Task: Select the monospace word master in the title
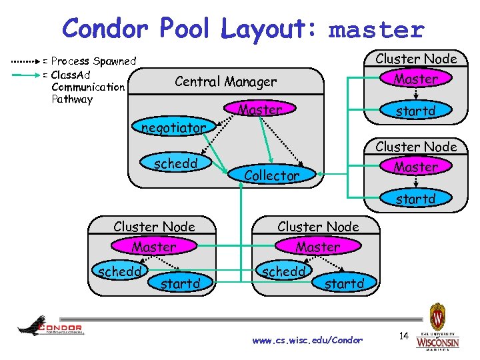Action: pyautogui.click(x=377, y=30)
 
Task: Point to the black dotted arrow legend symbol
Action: pyautogui.click(x=25, y=61)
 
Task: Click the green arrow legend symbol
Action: pyautogui.click(x=25, y=74)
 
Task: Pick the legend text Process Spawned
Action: pyautogui.click(x=93, y=61)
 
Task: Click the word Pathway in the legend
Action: pyautogui.click(x=72, y=99)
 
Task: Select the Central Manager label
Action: pyautogui.click(x=225, y=82)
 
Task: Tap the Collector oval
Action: pyautogui.click(x=271, y=175)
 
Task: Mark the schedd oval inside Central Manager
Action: pyautogui.click(x=173, y=163)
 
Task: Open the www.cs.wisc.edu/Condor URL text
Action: pyautogui.click(x=307, y=340)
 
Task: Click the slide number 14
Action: pyautogui.click(x=403, y=336)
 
